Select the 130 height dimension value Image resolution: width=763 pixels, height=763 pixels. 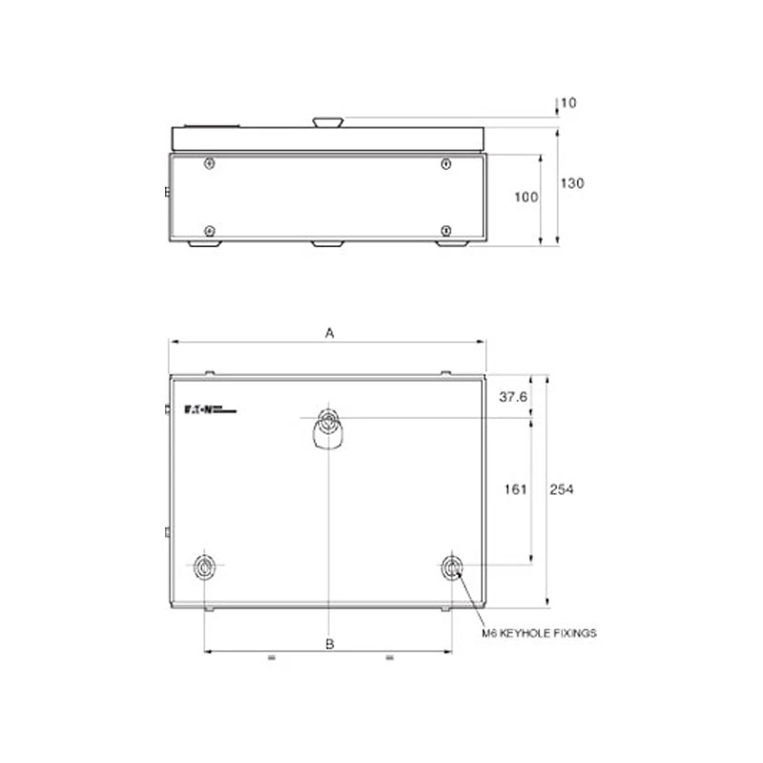[x=571, y=183]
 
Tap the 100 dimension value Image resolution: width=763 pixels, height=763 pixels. [x=526, y=197]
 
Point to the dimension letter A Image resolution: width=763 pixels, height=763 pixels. [x=329, y=333]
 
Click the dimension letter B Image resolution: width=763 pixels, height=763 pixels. [x=329, y=644]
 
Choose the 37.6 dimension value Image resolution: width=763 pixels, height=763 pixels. [x=514, y=397]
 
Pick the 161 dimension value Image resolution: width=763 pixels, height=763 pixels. [x=515, y=489]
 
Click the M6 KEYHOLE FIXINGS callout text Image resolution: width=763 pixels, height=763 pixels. [x=539, y=632]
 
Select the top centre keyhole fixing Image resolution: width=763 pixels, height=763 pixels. [x=328, y=424]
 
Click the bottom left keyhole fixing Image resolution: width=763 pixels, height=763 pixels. [x=205, y=567]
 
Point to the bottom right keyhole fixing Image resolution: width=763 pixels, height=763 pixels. [x=451, y=567]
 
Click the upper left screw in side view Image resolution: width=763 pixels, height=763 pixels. [x=210, y=164]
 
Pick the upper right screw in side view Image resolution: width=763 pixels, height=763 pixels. [x=445, y=164]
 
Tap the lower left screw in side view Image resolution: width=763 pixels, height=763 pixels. [x=210, y=230]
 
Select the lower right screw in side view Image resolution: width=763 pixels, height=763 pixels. [x=445, y=230]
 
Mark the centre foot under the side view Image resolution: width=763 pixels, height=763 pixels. [x=328, y=244]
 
